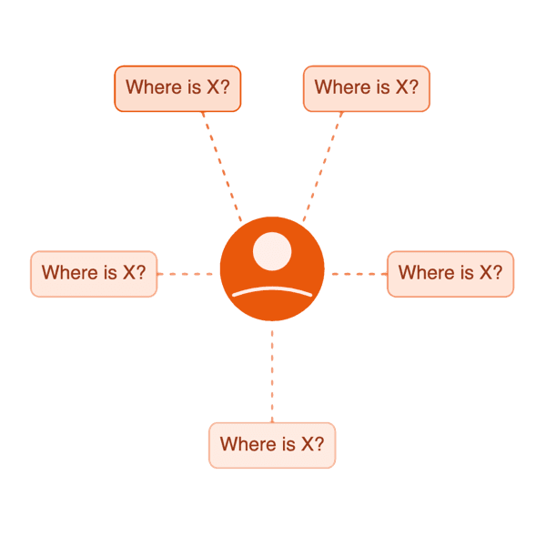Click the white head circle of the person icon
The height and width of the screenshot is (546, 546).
coord(272,251)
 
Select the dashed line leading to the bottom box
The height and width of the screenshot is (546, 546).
coord(272,373)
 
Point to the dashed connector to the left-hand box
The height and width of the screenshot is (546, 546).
coord(187,272)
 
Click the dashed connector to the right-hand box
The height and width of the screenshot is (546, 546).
coord(357,272)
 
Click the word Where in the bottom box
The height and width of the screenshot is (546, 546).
coord(246,444)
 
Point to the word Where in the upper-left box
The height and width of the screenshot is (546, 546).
coord(151,87)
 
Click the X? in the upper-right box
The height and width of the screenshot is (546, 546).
coord(407,87)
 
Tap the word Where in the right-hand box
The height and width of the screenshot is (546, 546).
coord(424,273)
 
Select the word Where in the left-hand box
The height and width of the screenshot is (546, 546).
coord(67,273)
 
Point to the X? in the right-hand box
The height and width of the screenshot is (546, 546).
coord(490,273)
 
